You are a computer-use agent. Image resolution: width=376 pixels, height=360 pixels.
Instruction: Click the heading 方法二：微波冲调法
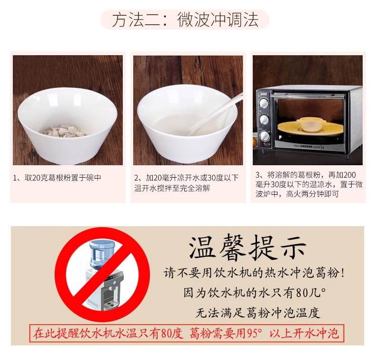[x=185, y=20]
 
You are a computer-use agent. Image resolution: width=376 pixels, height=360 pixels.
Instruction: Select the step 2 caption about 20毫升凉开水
[x=186, y=183]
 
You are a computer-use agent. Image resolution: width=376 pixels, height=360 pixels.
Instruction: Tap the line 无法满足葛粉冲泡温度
[x=257, y=312]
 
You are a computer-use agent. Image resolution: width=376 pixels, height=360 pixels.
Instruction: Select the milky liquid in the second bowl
[x=181, y=123]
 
